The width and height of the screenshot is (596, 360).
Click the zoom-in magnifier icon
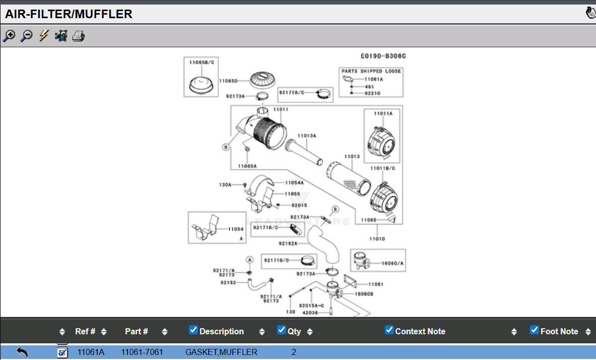pyautogui.click(x=9, y=36)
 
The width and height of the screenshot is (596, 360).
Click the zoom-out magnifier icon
pyautogui.click(x=27, y=36)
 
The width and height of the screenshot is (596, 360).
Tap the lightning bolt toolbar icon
pyautogui.click(x=44, y=36)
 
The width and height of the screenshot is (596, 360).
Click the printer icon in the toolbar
pyautogui.click(x=79, y=36)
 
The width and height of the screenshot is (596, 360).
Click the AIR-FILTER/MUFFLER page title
pyautogui.click(x=69, y=14)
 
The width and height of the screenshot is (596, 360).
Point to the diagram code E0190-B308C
pyautogui.click(x=383, y=56)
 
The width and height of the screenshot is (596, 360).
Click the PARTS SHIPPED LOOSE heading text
pyautogui.click(x=371, y=72)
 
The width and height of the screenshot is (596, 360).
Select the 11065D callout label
pyautogui.click(x=228, y=81)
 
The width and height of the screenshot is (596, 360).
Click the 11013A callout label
pyautogui.click(x=306, y=136)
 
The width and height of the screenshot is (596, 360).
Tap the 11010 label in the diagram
pyautogui.click(x=377, y=238)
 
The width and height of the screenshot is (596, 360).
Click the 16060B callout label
pyautogui.click(x=364, y=293)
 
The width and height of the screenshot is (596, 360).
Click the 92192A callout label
pyautogui.click(x=288, y=244)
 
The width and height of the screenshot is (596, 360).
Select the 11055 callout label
pyautogui.click(x=292, y=194)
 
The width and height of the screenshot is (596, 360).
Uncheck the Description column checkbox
pyautogui.click(x=193, y=330)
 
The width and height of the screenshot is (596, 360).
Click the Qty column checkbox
pyautogui.click(x=282, y=330)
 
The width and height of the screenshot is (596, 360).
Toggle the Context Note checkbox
pyautogui.click(x=389, y=330)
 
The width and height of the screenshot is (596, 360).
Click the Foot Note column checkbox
pyautogui.click(x=535, y=330)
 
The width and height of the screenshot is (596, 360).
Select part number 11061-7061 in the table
pyautogui.click(x=142, y=352)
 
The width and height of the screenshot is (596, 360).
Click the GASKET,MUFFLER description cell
pyautogui.click(x=221, y=352)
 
